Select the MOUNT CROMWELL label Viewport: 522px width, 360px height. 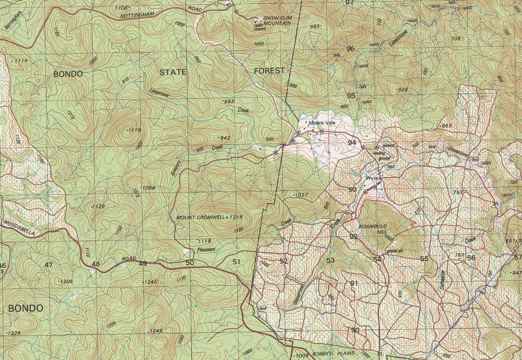(x=201, y=217)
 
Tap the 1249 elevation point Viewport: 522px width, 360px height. (x=156, y=331)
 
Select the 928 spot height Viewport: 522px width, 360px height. (x=402, y=89)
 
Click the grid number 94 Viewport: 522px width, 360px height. (x=352, y=143)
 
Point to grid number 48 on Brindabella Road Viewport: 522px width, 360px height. (x=96, y=265)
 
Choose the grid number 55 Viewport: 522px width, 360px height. (x=424, y=259)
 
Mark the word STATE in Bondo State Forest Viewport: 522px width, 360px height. (x=173, y=72)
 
